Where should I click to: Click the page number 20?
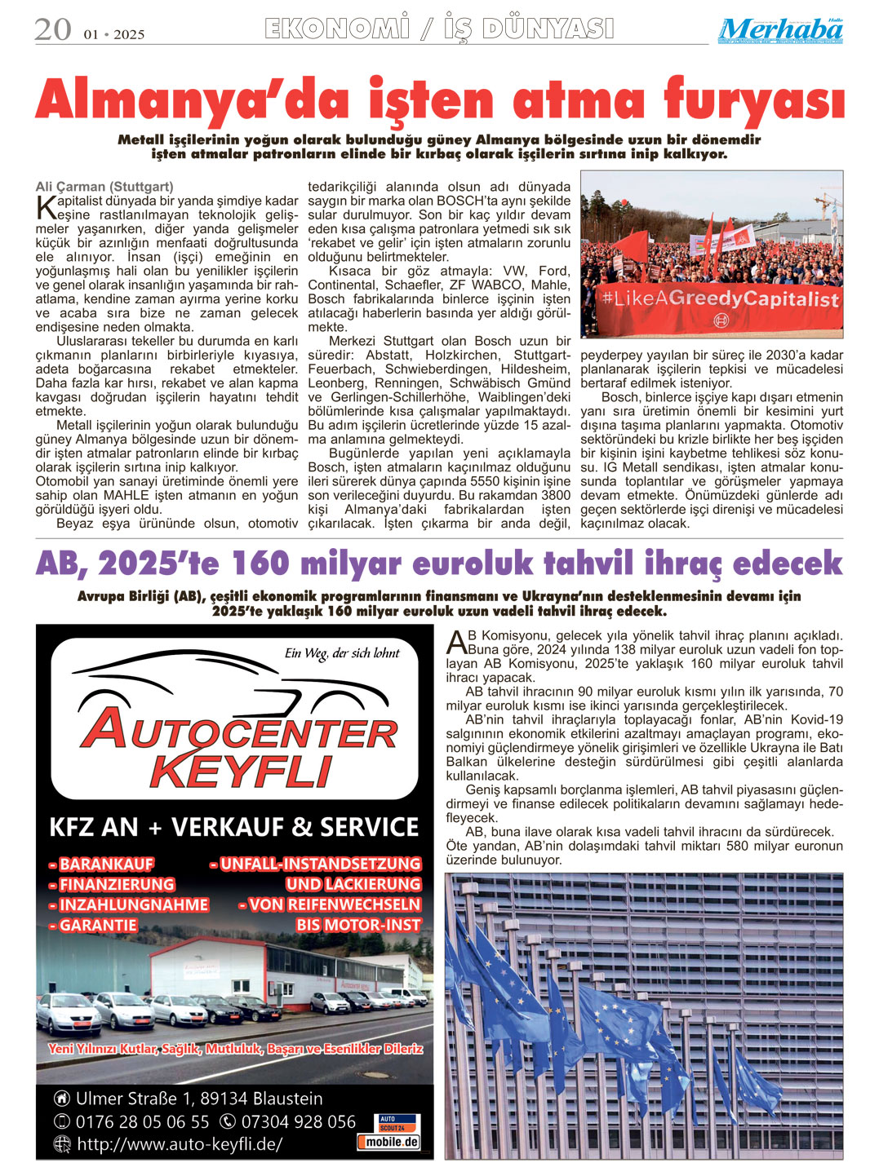tap(53, 30)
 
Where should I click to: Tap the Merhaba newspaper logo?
tap(780, 31)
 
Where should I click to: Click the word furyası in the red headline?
tap(753, 101)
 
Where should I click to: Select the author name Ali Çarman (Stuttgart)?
tap(104, 187)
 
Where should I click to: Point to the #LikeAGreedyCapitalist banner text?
tap(720, 298)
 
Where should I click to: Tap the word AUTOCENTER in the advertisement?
tap(238, 730)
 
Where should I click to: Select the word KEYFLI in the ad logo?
tap(242, 772)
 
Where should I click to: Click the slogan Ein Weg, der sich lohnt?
tap(342, 653)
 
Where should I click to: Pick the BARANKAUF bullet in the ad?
tap(102, 865)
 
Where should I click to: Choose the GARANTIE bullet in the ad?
tap(94, 926)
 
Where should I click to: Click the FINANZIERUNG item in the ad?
tap(113, 885)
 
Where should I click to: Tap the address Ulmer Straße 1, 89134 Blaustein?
tap(198, 1099)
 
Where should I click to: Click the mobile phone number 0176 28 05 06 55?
tap(142, 1122)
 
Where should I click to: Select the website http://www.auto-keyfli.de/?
tap(180, 1144)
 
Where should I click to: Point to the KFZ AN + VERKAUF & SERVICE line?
tap(234, 827)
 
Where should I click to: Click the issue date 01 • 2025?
tap(113, 34)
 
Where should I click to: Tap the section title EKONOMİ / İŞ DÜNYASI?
tap(439, 29)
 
